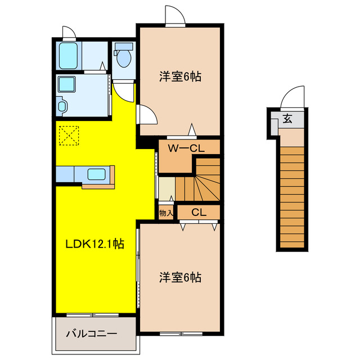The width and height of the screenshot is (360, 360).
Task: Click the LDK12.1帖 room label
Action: (95, 244)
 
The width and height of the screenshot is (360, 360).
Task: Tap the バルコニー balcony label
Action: (92, 334)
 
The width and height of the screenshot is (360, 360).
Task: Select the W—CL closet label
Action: (186, 148)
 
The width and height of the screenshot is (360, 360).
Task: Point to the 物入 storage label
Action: (166, 213)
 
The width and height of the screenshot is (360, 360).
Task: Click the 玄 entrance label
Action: (287, 119)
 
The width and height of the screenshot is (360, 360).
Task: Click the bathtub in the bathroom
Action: (68, 56)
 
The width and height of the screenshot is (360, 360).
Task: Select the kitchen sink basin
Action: (97, 174)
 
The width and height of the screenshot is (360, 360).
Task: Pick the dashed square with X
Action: (69, 136)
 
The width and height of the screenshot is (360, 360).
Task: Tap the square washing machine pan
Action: (66, 84)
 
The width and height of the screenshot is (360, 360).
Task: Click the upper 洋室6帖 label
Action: (180, 76)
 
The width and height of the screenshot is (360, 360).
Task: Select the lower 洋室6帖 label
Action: (180, 277)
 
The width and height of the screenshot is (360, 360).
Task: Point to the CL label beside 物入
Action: (199, 213)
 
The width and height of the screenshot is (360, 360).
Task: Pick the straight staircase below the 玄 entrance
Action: (292, 197)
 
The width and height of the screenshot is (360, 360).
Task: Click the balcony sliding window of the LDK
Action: (92, 315)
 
